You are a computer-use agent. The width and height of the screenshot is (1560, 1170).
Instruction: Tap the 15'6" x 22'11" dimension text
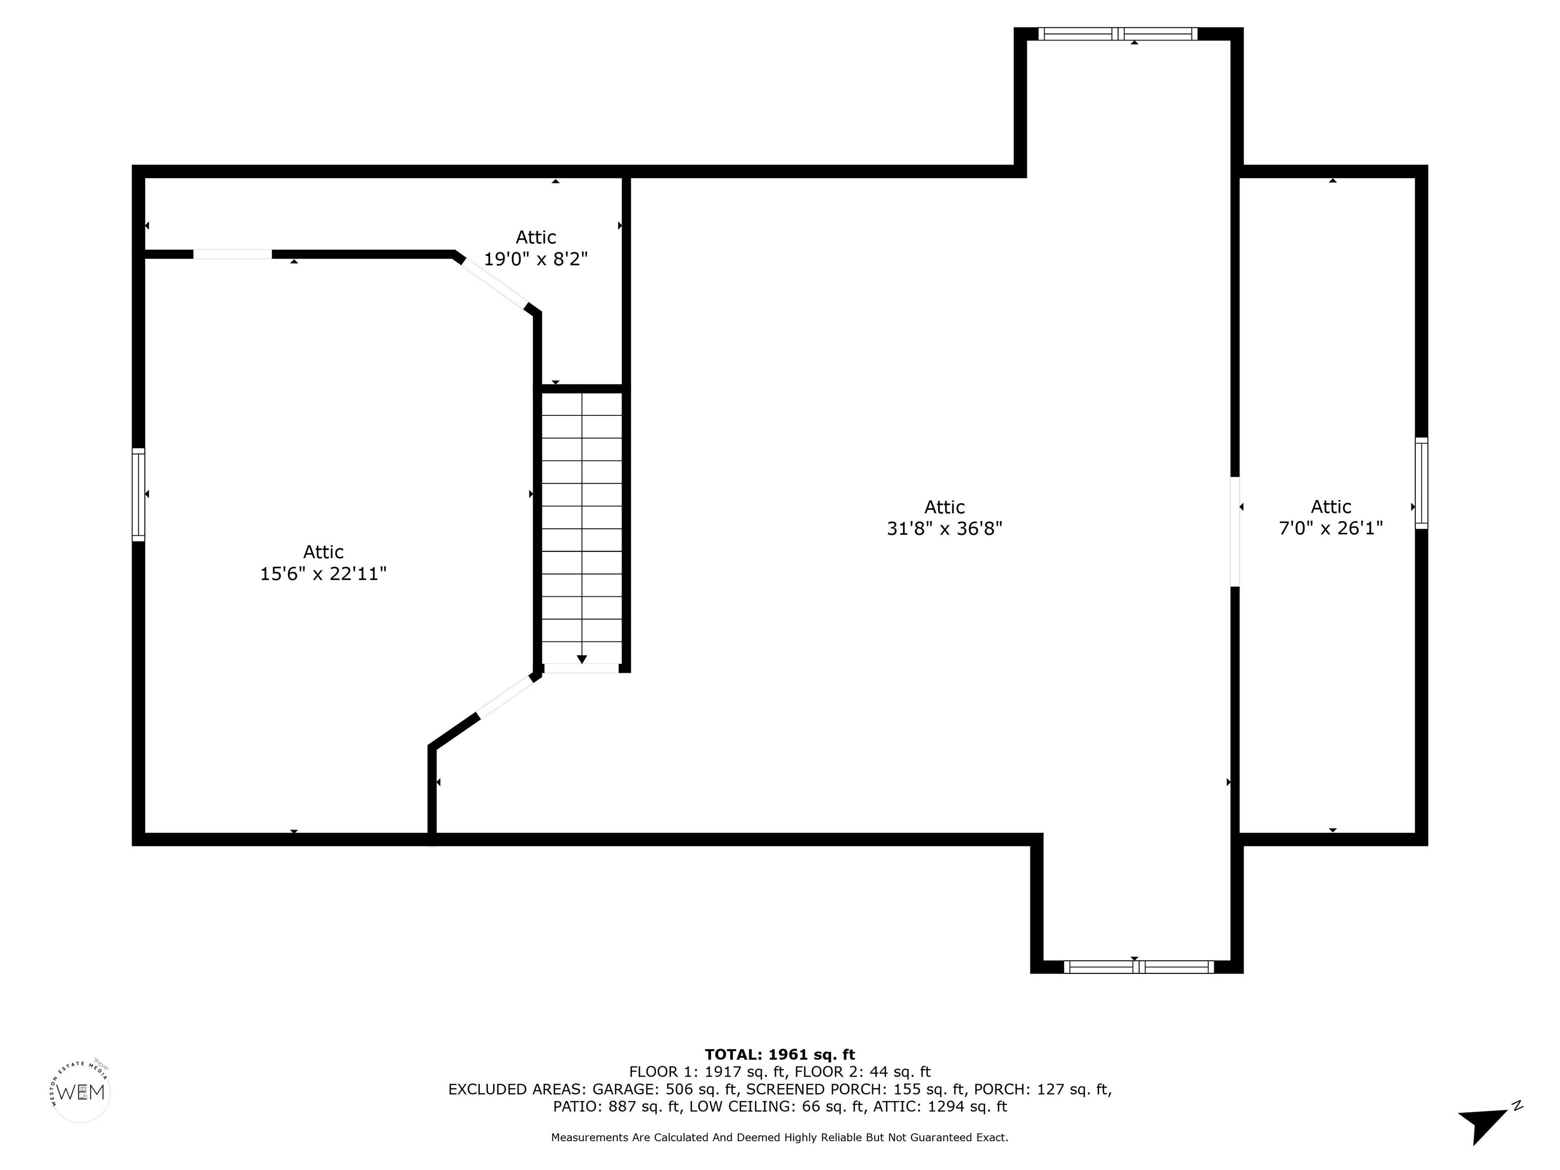(323, 573)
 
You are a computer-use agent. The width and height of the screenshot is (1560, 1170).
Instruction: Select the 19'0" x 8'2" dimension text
(536, 259)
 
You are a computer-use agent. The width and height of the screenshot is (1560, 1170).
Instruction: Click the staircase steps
(582, 528)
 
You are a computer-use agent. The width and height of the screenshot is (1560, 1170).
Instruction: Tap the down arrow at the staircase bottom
(582, 659)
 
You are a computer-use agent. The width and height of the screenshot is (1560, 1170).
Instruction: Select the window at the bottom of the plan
(1139, 967)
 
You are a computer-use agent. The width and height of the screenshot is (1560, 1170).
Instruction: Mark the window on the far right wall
(1422, 483)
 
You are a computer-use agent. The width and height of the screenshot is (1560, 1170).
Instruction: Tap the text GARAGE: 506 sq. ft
(664, 1090)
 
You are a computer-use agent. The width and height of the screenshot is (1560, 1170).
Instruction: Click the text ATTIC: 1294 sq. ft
(940, 1107)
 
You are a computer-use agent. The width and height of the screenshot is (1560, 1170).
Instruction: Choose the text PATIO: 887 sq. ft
(617, 1107)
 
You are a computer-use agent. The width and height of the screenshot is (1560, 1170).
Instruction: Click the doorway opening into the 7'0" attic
(1235, 532)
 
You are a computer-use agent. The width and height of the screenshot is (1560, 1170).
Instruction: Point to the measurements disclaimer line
(779, 1137)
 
